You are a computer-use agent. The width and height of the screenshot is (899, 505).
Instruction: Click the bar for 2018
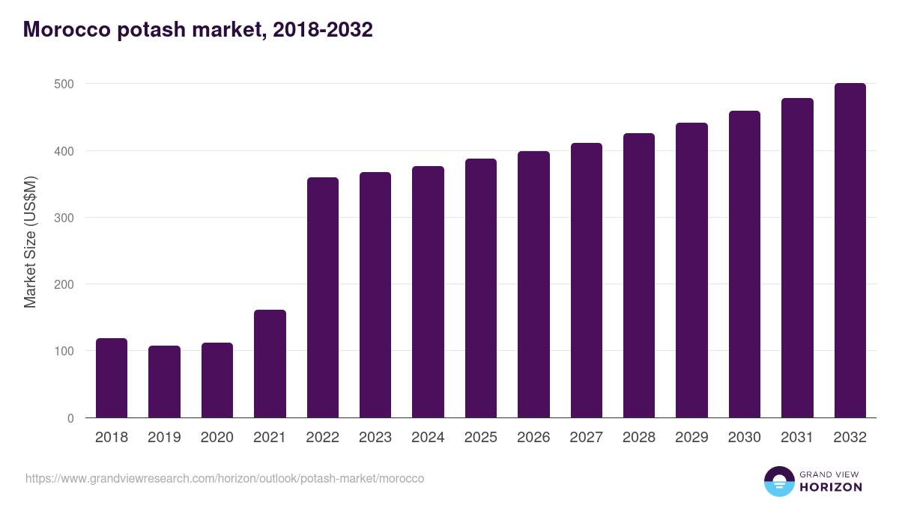tap(112, 378)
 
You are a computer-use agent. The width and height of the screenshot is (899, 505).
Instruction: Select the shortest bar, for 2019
tap(164, 382)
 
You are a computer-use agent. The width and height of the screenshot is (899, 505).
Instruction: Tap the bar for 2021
tap(270, 364)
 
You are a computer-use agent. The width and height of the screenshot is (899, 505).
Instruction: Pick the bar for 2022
tap(322, 298)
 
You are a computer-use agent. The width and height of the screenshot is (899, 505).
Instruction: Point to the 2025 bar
tap(480, 288)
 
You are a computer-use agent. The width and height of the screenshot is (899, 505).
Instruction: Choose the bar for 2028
tap(638, 275)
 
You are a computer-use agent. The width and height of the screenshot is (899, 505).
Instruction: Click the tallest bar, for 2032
tap(850, 251)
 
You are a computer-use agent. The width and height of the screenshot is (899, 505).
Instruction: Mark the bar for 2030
tap(744, 264)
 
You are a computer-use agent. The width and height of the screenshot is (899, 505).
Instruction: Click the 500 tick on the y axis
tap(64, 85)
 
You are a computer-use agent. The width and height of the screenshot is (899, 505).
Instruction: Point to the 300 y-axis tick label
tap(64, 218)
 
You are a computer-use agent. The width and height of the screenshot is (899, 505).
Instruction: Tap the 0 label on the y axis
tap(70, 418)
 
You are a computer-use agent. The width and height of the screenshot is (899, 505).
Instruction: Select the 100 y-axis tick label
tap(64, 352)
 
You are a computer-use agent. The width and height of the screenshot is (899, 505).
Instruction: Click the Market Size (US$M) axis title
tap(30, 242)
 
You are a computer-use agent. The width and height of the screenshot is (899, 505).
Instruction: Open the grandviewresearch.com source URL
tap(225, 478)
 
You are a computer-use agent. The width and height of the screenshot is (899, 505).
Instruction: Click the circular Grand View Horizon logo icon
tap(779, 482)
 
